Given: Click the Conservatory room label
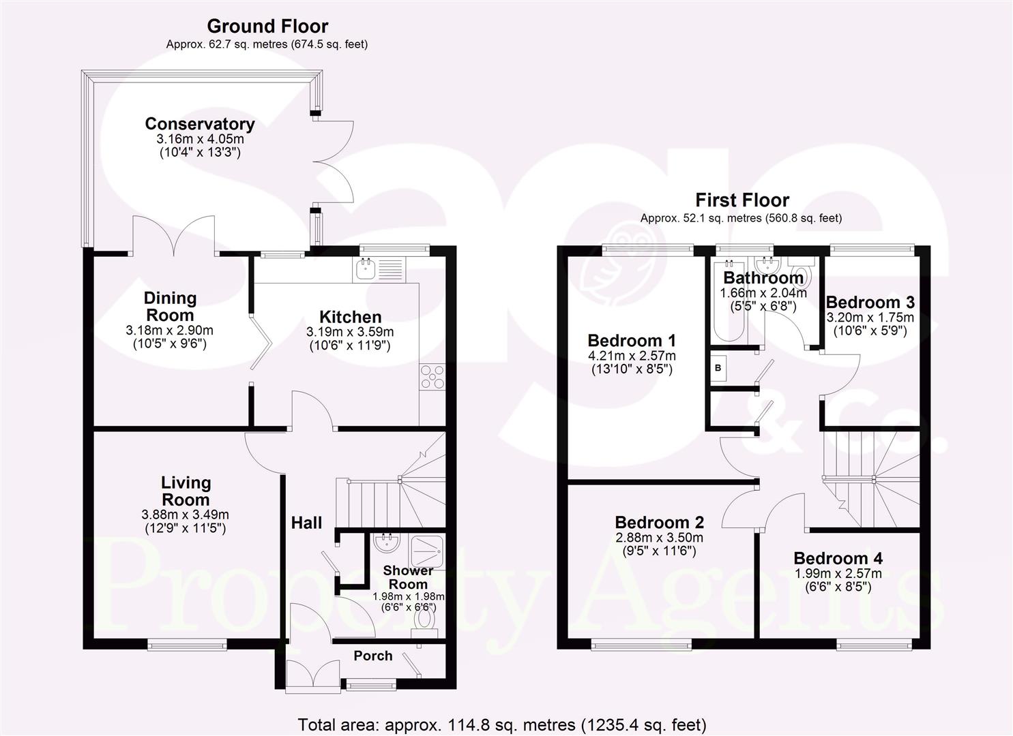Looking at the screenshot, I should coord(199,124).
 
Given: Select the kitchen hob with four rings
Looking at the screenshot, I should coord(432,377).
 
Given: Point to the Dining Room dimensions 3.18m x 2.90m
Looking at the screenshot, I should coord(169,331).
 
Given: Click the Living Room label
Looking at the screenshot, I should coord(186,491).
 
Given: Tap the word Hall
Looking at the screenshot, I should coord(306,523).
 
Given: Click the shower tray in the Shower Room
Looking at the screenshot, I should coord(426,545).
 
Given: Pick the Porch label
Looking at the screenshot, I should coord(372,656).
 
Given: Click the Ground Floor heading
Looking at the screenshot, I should coord(267,27).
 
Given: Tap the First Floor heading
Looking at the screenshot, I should coord(742,200).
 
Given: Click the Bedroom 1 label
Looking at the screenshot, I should coord(632,340).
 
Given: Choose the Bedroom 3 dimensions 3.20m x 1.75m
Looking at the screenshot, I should coord(870,318).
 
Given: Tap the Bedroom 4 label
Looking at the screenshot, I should coord(838,558).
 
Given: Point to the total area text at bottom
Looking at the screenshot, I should coord(501,724).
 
